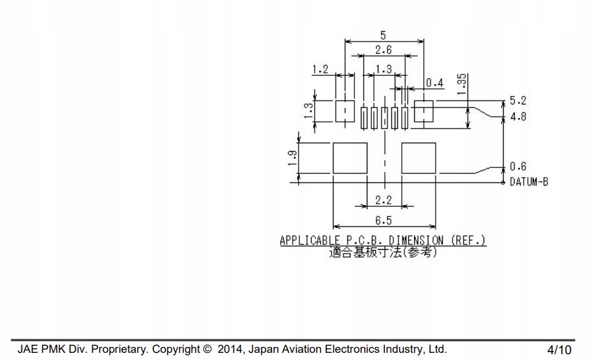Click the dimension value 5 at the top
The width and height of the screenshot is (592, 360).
383,36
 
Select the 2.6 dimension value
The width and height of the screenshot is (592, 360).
384,50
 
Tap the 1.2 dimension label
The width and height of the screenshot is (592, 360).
321,68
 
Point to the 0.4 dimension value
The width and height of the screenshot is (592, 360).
435,82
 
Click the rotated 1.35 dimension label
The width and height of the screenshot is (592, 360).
462,85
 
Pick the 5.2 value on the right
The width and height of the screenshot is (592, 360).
518,101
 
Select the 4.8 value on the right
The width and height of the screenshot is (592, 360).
518,117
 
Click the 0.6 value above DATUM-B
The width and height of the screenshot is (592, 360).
518,166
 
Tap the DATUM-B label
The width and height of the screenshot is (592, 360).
528,182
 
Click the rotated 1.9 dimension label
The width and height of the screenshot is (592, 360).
293,158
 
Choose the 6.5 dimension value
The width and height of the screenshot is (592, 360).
383,221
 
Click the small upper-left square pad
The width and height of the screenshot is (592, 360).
345,111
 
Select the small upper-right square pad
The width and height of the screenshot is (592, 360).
423,111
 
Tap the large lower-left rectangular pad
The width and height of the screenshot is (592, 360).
350,158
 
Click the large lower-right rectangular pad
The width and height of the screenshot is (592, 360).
419,158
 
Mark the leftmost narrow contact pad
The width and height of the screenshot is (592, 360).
365,117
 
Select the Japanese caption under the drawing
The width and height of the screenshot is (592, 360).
383,252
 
